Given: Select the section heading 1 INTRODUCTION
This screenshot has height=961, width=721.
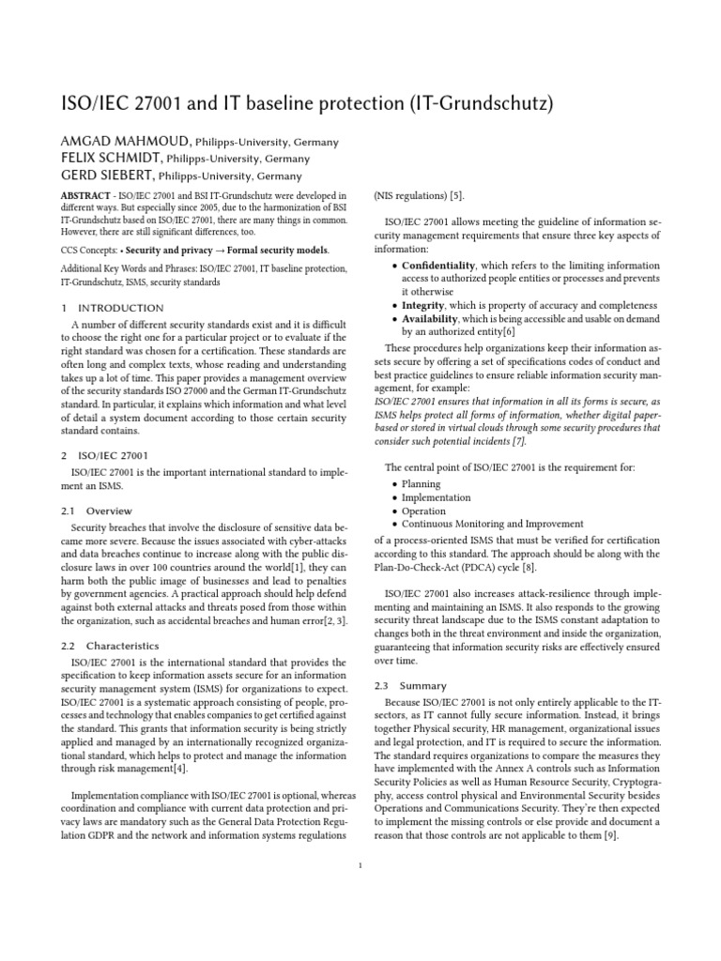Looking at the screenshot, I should click(112, 308).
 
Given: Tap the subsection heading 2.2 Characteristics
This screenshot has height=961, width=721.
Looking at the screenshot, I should click(110, 646).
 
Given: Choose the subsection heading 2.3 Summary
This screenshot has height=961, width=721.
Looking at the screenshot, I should click(410, 686).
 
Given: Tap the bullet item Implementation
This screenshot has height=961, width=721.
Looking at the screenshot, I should click(436, 497).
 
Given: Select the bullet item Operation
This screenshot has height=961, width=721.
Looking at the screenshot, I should click(423, 511).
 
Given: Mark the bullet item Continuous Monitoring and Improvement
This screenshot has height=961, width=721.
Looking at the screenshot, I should click(492, 525).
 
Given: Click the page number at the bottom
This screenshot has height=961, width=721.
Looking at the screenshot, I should click(360, 865).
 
